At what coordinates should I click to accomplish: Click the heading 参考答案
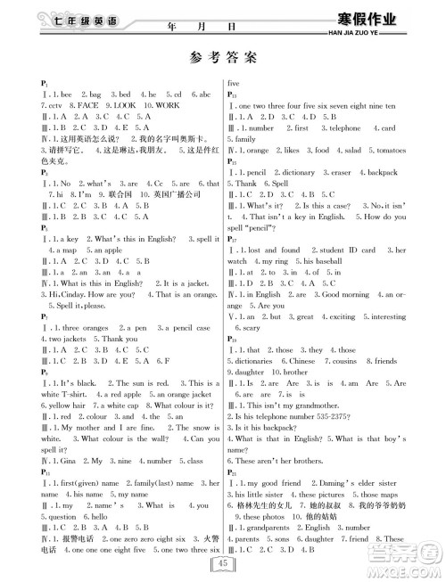223,58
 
